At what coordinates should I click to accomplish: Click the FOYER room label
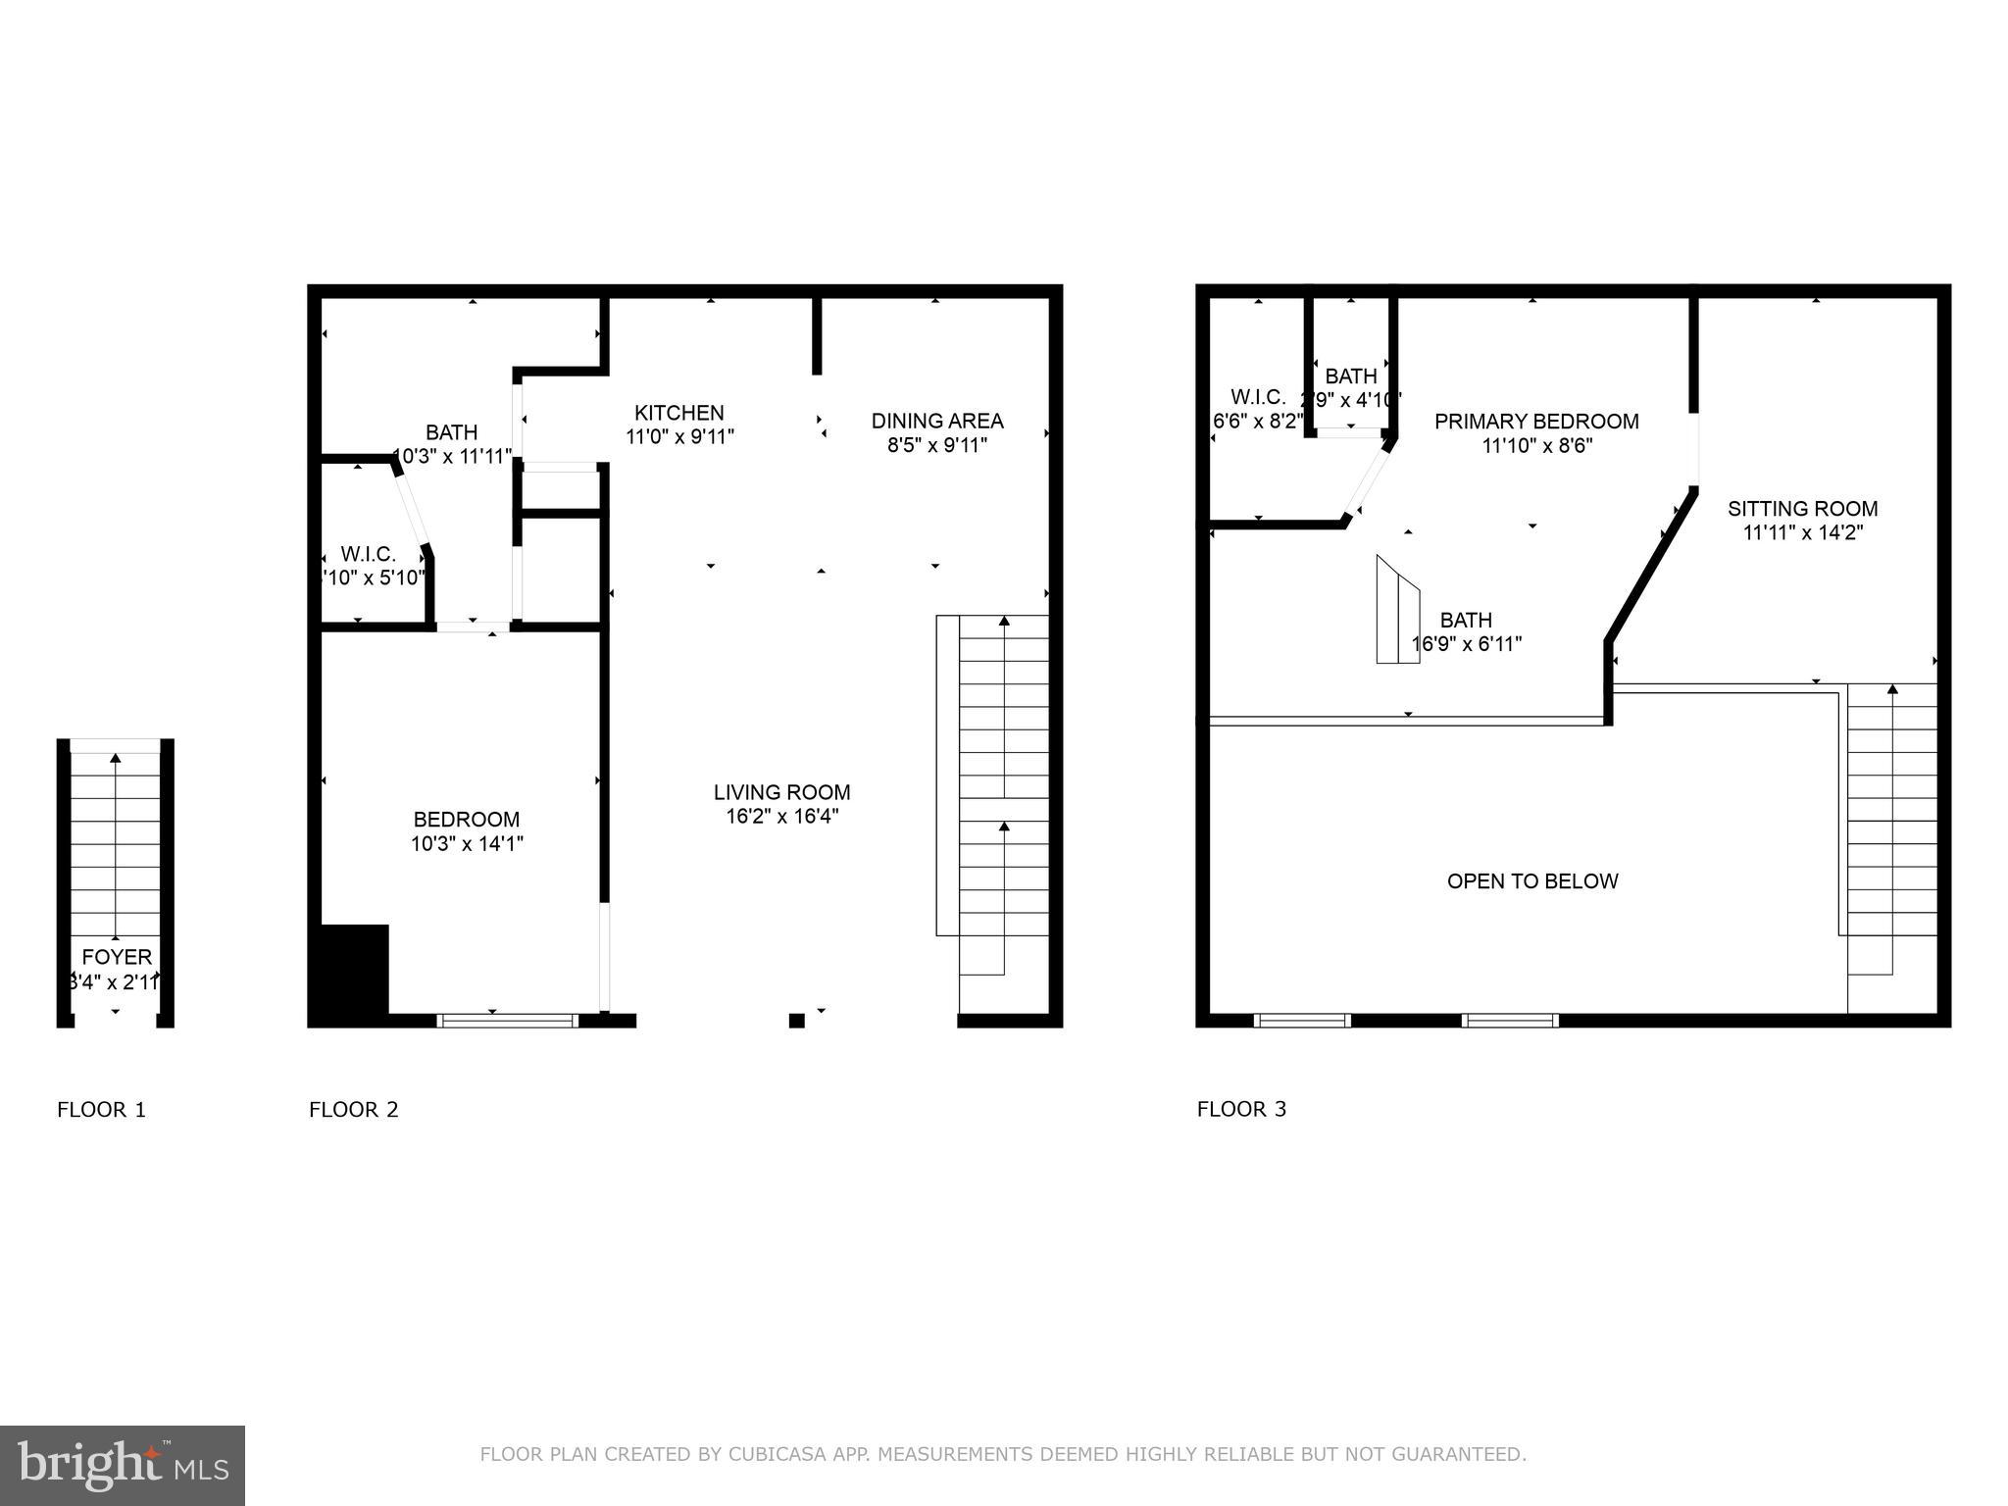coord(117,957)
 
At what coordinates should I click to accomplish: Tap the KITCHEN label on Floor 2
coord(678,413)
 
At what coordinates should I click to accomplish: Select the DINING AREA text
coord(936,421)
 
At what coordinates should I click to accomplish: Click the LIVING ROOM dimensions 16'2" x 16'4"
coord(781,817)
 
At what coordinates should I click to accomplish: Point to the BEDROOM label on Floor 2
coord(466,820)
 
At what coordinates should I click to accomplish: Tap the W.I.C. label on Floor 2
coord(369,554)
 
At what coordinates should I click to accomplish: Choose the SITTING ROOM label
coord(1802,509)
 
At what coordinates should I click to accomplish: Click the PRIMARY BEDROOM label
coord(1536,422)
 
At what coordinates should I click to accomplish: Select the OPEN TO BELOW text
coord(1531,881)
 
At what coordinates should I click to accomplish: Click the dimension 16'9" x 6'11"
coord(1466,644)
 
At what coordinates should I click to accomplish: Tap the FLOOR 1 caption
coord(101,1110)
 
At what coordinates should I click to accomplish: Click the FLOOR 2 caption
coord(353,1110)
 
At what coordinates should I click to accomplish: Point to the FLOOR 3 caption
coord(1241,1109)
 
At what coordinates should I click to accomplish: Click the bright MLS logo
coord(122,1465)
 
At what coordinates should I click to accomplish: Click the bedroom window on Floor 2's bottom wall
coord(507,1021)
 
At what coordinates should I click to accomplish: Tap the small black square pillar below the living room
coord(796,1021)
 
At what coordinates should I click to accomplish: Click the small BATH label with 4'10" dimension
coord(1350,376)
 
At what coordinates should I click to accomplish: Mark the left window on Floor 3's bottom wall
coord(1302,1021)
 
